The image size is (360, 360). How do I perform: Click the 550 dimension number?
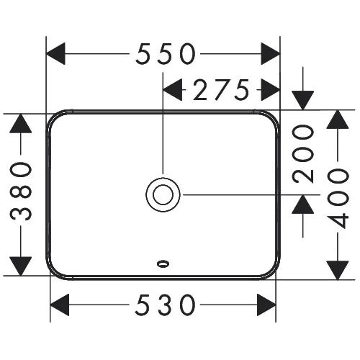pyautogui.click(x=166, y=54)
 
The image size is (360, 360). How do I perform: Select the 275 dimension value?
pyautogui.click(x=221, y=90)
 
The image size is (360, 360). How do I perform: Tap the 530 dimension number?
pyautogui.click(x=165, y=305)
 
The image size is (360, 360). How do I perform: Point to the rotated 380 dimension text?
pyautogui.click(x=21, y=192)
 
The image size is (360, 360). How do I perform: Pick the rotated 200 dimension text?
pyautogui.click(x=303, y=154)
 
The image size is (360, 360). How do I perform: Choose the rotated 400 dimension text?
pyautogui.click(x=338, y=198)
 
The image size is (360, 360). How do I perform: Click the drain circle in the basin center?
pyautogui.click(x=163, y=194)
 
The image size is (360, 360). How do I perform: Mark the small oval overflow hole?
pyautogui.click(x=163, y=264)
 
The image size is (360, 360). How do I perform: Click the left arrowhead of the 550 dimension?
pyautogui.click(x=55, y=54)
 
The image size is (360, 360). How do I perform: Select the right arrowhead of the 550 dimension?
pyautogui.click(x=271, y=54)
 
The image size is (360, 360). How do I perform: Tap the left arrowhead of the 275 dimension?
pyautogui.click(x=173, y=90)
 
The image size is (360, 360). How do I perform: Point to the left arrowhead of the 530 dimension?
pyautogui.click(x=60, y=305)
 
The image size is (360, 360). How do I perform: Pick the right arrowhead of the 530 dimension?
pyautogui.click(x=266, y=305)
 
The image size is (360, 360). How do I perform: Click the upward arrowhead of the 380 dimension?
pyautogui.click(x=21, y=123)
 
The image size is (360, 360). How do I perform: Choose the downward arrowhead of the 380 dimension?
pyautogui.click(x=21, y=266)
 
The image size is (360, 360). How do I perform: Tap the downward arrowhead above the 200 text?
pyautogui.click(x=303, y=101)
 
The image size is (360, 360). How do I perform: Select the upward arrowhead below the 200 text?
pyautogui.click(x=303, y=204)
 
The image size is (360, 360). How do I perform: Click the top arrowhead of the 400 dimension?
pyautogui.click(x=338, y=120)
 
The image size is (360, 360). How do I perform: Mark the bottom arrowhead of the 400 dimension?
pyautogui.click(x=338, y=270)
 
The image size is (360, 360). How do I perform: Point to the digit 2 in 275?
pyautogui.click(x=201, y=90)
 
